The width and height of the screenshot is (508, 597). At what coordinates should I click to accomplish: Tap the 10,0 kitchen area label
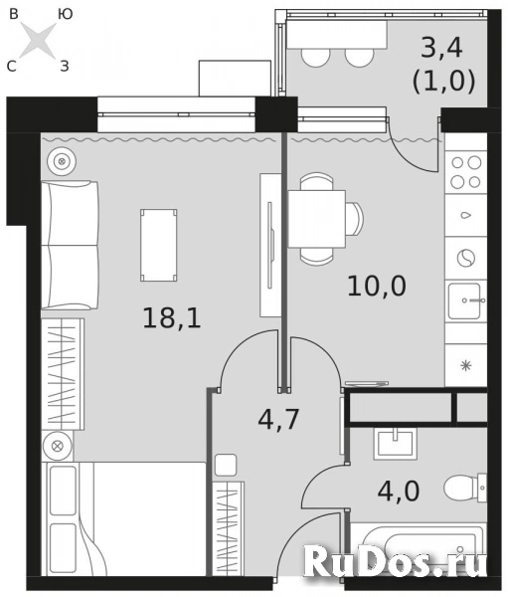(x=376, y=286)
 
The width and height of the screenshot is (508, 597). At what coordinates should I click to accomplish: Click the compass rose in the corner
(x=39, y=40)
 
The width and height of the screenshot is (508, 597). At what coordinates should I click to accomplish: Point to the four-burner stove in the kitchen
(x=465, y=171)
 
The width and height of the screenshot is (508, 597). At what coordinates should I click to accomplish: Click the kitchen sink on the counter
(x=465, y=298)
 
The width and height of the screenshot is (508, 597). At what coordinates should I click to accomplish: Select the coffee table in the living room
(x=159, y=244)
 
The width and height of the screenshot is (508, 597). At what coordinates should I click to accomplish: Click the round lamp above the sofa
(x=63, y=159)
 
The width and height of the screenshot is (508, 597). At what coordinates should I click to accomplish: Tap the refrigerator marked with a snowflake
(x=465, y=365)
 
